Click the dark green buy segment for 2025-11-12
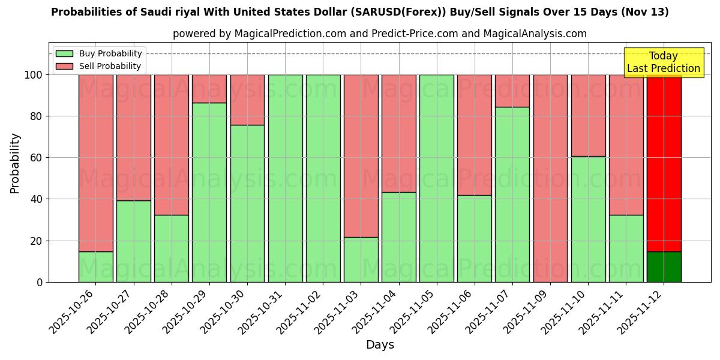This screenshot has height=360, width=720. click(664, 266)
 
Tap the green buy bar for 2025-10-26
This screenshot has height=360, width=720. click(95, 266)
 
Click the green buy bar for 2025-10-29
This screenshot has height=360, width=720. click(209, 192)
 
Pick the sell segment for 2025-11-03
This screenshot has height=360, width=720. click(361, 156)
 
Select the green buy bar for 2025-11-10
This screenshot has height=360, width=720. click(588, 219)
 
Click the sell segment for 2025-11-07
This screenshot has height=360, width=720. click(512, 91)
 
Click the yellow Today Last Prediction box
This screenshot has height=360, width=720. click(663, 62)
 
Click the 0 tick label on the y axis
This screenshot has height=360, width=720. click(40, 282)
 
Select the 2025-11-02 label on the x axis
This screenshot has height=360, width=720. click(300, 312)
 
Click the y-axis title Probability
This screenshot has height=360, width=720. click(15, 163)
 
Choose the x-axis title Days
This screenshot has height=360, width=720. click(380, 345)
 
